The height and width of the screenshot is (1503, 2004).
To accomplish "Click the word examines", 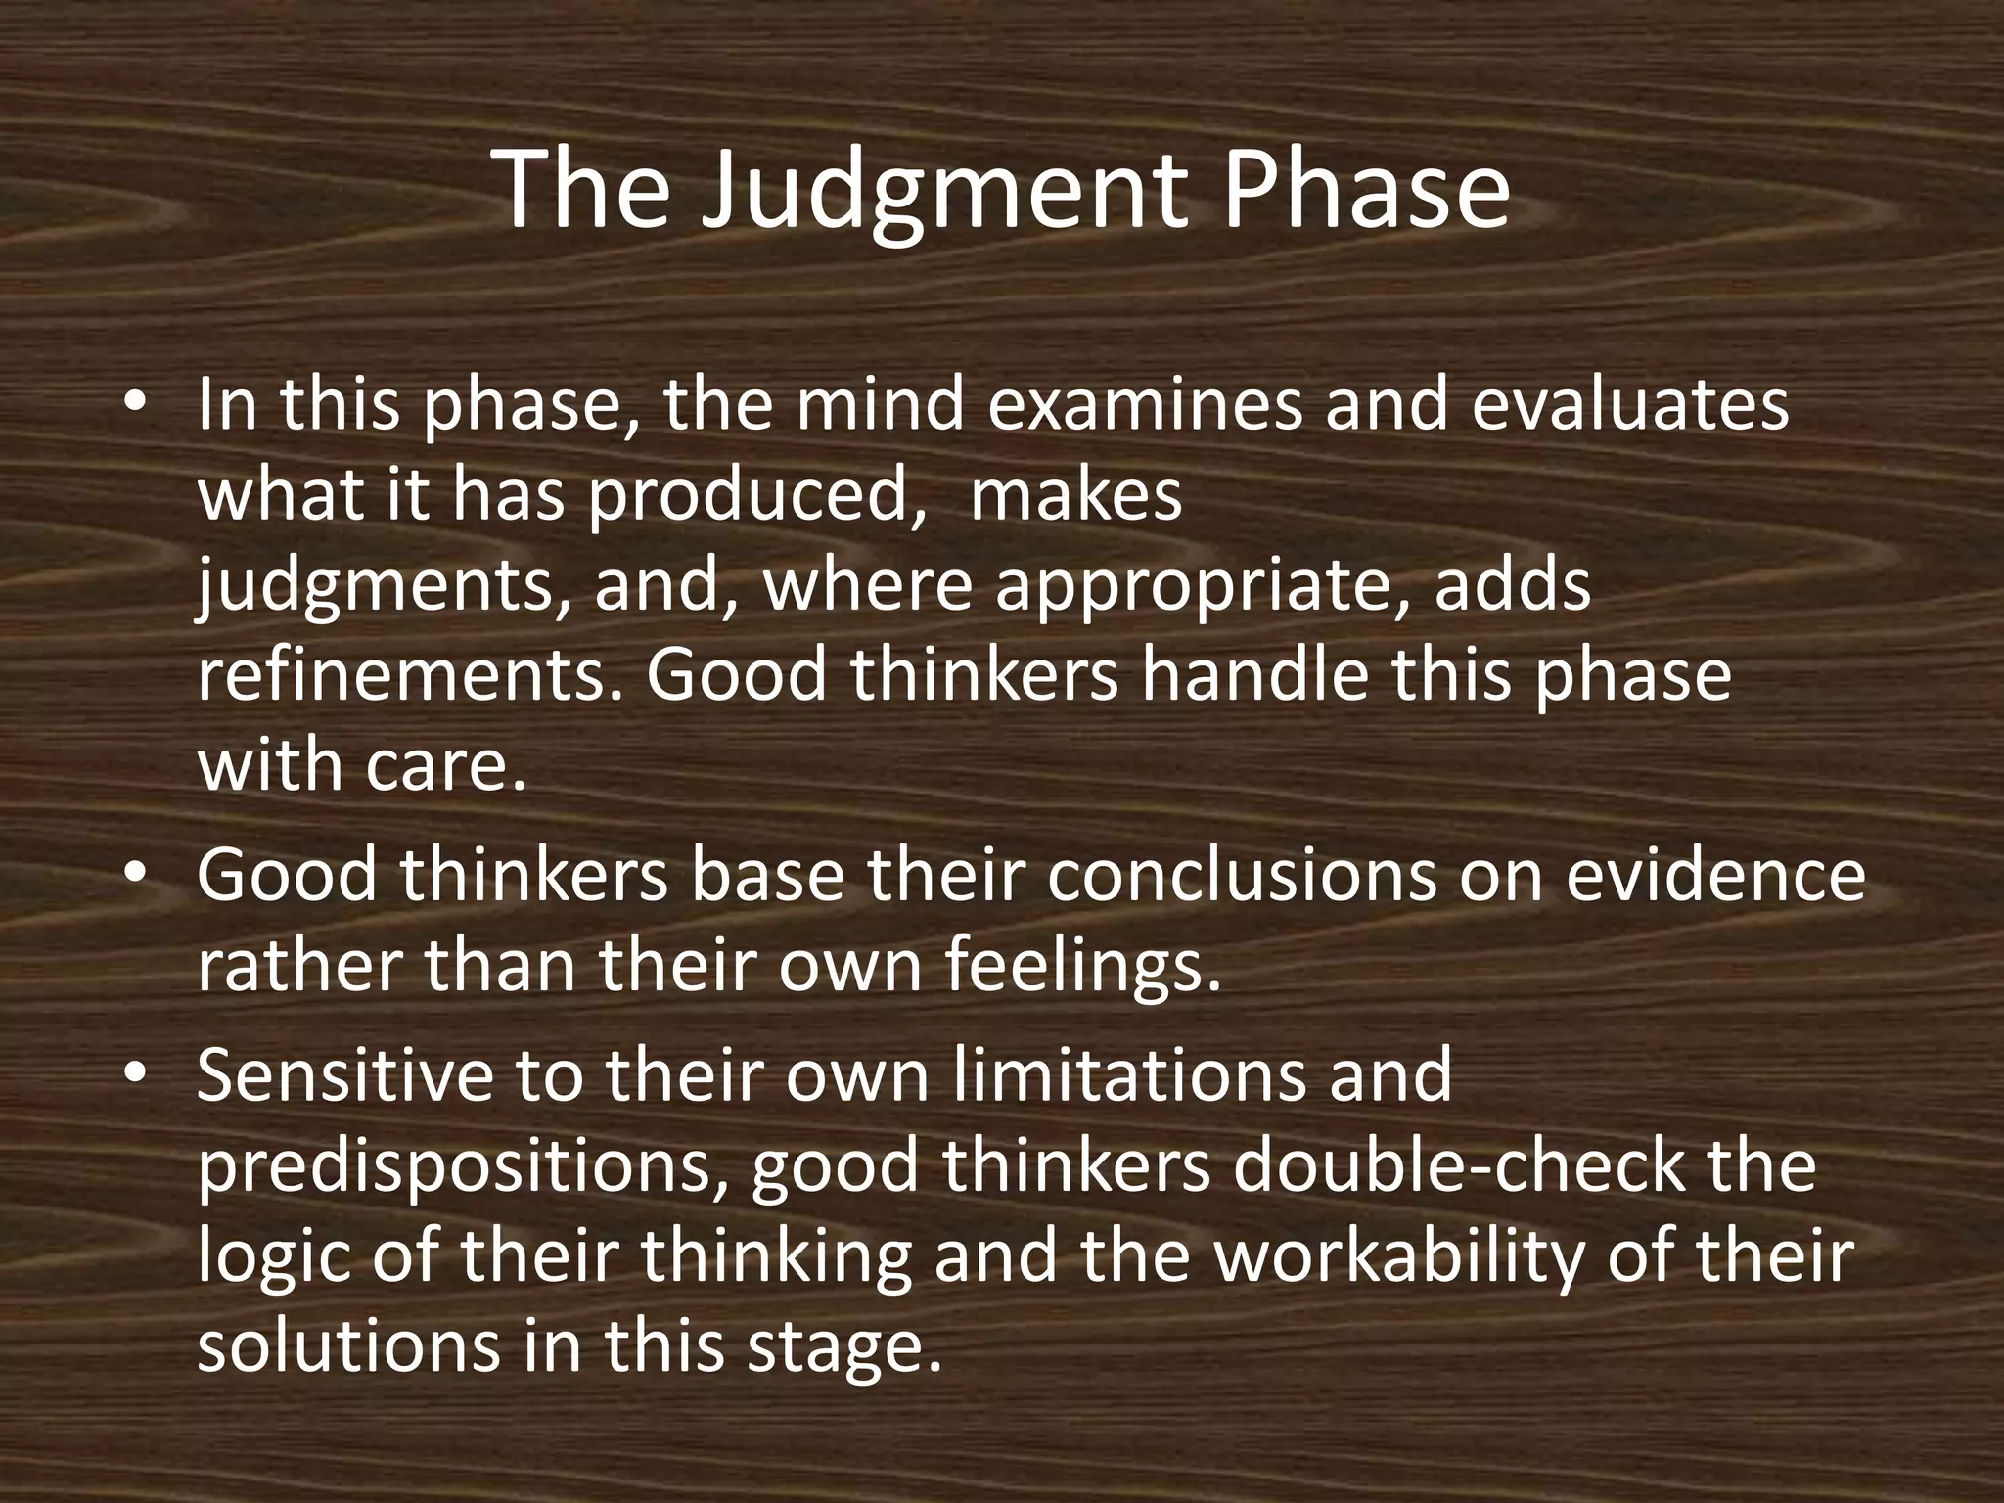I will coord(1145,404).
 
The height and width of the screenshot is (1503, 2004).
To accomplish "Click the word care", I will coord(446,767).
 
